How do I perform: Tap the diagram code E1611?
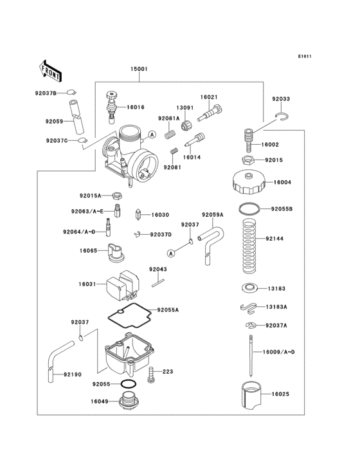304,56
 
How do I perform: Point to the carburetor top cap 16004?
249,182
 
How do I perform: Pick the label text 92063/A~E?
88,210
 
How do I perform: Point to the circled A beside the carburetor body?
152,134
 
